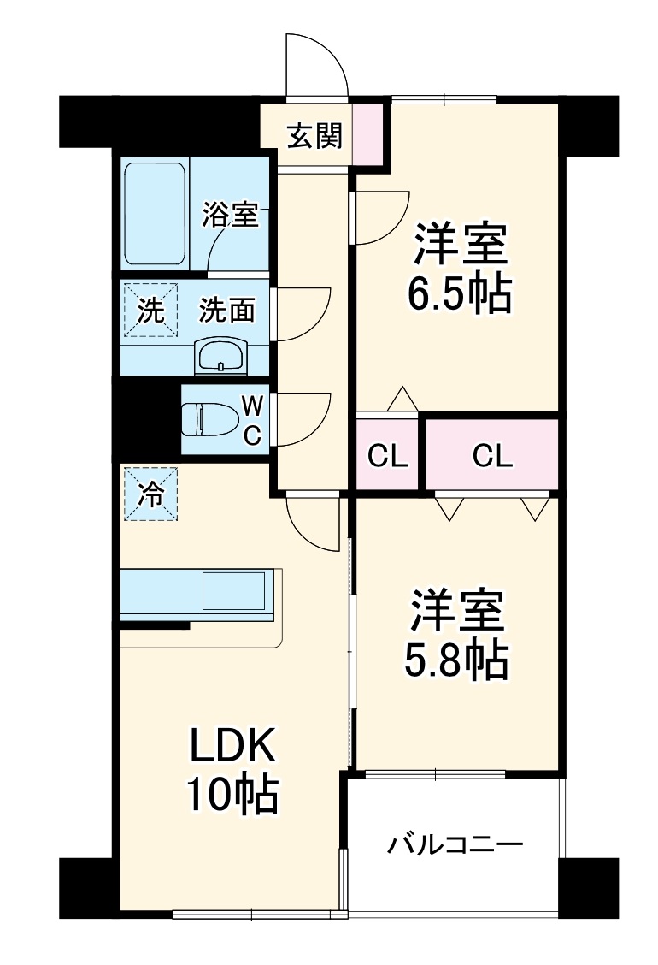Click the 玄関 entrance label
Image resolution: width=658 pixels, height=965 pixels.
coord(314,135)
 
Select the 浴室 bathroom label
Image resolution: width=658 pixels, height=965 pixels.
coord(229,215)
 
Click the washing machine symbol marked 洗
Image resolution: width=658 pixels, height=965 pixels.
coord(150,311)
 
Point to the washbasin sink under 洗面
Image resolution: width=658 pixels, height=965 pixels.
coord(220,357)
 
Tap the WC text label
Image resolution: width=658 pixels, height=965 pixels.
coord(252,420)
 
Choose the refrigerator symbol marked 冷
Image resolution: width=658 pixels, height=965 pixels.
coord(150,494)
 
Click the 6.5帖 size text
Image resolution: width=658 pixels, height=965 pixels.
coord(458,293)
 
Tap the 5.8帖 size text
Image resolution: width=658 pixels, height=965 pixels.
coord(455,659)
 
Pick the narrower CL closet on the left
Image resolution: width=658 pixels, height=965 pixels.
coord(387,455)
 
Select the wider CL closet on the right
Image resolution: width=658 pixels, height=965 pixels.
coord(492,455)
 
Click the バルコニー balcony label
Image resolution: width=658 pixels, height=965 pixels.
coord(455,844)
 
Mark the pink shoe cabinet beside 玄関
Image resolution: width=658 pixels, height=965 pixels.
coord(367,135)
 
